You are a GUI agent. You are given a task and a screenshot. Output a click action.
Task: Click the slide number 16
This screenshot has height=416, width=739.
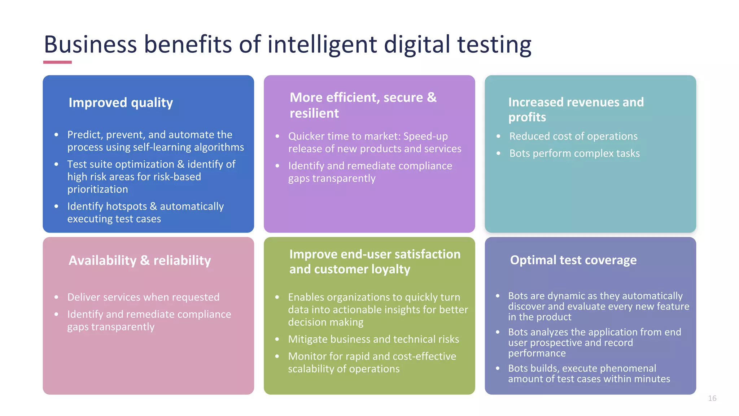point(712,398)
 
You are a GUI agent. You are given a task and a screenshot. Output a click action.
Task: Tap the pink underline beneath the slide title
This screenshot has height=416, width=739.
point(57,62)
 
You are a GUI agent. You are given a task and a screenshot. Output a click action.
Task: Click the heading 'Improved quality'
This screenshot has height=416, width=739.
point(121,103)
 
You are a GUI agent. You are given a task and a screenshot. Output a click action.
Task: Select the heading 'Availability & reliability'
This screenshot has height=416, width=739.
point(140,260)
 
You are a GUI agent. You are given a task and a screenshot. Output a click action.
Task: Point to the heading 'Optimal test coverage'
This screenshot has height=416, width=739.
point(573,260)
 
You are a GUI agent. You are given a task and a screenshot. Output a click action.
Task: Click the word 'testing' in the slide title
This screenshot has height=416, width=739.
point(494,45)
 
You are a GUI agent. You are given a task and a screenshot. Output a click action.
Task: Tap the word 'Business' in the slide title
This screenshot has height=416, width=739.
point(90,45)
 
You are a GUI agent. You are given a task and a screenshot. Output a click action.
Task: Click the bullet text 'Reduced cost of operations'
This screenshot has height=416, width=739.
point(573,136)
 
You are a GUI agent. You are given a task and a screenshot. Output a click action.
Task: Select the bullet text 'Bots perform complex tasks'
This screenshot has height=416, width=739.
point(574,153)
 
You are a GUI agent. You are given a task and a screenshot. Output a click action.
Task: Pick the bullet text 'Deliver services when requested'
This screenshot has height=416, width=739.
point(143,297)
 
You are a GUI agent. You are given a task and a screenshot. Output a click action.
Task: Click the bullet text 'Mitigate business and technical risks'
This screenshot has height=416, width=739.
point(373,339)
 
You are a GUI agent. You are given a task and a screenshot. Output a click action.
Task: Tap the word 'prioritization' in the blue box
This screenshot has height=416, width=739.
point(97,189)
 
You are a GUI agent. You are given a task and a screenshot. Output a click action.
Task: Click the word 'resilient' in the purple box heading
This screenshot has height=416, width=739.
point(314,113)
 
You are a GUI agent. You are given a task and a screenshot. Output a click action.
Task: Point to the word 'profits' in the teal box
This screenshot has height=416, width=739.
point(527,117)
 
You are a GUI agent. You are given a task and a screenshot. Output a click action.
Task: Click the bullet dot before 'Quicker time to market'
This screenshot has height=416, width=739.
point(277,136)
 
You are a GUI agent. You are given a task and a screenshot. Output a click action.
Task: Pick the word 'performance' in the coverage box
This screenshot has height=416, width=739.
point(537,353)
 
